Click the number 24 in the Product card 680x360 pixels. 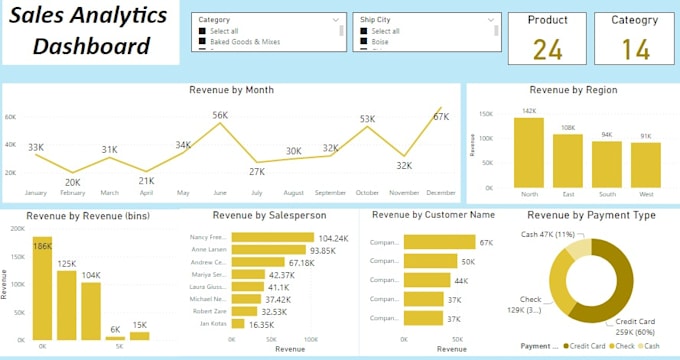tap(547, 49)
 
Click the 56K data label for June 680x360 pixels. tap(220, 115)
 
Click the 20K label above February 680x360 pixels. tap(73, 182)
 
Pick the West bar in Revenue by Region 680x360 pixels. tap(645, 165)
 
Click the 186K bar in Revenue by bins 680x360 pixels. tap(42, 290)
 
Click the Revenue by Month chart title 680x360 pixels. tap(231, 90)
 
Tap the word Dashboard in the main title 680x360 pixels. tap(92, 46)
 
